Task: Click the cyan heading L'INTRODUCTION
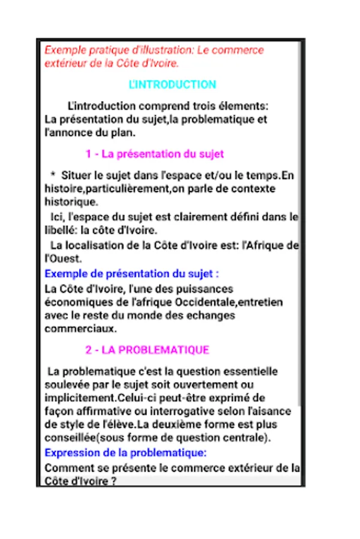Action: (172, 84)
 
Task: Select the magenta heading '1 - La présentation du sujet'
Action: (155, 154)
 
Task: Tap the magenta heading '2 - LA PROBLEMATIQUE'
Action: (147, 350)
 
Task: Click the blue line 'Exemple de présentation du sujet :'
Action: (132, 274)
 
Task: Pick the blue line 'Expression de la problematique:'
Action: (126, 452)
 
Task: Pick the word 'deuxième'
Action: (184, 425)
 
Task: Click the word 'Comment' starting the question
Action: (67, 467)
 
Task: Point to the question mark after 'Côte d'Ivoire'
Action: (113, 480)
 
